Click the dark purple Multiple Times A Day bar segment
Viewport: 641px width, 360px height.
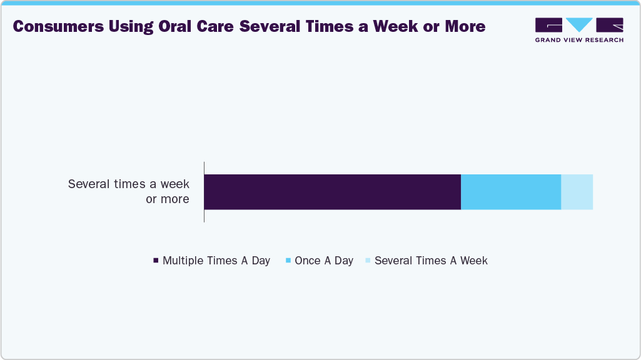[x=332, y=192]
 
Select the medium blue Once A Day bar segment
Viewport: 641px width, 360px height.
[x=511, y=192]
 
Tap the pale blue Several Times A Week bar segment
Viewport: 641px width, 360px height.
[x=577, y=192]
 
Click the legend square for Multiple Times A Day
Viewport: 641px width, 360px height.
[x=156, y=261]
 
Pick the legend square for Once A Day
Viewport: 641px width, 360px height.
[x=288, y=261]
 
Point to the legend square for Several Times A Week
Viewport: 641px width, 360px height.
[x=368, y=261]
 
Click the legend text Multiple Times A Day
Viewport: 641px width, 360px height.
[x=216, y=261]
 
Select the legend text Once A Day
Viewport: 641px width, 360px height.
[x=324, y=261]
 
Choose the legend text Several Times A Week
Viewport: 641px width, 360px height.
[x=431, y=261]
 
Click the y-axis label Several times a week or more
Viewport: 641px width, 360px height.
[x=129, y=192]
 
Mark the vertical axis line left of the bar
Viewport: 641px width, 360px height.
[x=204, y=192]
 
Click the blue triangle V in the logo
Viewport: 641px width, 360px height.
[x=580, y=25]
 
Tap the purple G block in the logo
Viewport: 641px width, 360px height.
[x=548, y=25]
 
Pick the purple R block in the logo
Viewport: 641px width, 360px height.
[x=610, y=25]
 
